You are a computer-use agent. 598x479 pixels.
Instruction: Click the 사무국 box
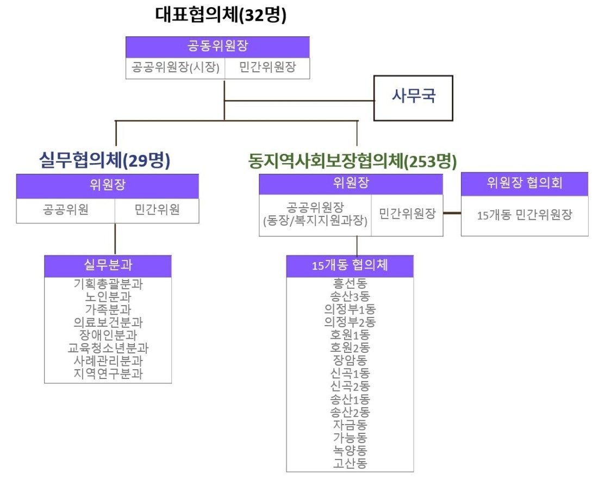tap(413, 98)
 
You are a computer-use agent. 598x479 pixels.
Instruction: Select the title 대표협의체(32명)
tap(221, 15)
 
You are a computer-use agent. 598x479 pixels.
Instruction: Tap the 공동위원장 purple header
tap(217, 47)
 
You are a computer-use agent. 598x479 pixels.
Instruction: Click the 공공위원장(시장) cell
tap(176, 68)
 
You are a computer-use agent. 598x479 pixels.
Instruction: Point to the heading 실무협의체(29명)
tap(105, 160)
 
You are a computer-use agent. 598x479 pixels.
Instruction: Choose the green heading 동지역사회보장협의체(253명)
tap(352, 160)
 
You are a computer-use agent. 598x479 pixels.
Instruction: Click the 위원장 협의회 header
tap(525, 183)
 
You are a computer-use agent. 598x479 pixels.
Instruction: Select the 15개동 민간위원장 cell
tap(525, 215)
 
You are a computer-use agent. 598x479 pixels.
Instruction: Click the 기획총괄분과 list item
tap(108, 284)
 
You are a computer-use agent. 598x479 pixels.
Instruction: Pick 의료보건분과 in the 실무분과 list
tap(108, 322)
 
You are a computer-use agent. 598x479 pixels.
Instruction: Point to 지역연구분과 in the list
tap(108, 374)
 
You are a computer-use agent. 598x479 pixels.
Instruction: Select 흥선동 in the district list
tap(350, 283)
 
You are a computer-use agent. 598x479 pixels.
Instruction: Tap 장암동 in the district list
tap(350, 360)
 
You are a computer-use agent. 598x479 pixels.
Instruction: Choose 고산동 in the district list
tap(350, 463)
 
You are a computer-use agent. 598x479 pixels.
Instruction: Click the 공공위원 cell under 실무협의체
tap(66, 210)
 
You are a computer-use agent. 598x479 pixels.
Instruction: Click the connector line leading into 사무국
tap(300, 101)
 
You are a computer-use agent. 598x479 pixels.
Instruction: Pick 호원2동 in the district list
tap(350, 348)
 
